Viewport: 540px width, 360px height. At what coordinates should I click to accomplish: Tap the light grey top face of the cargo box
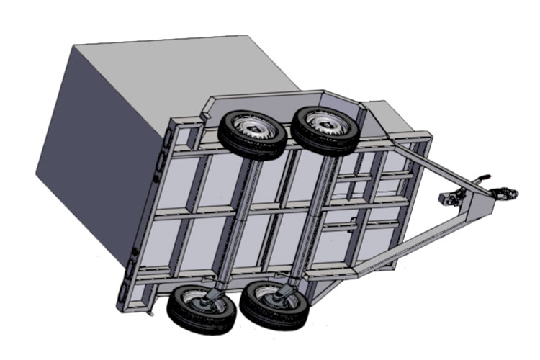coord(180,65)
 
